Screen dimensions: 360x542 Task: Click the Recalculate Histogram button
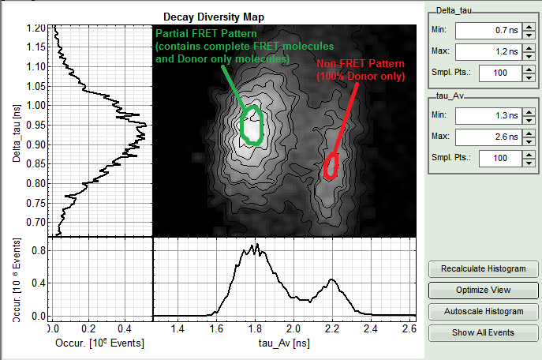pos(483,269)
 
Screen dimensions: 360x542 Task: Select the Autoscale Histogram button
pos(483,311)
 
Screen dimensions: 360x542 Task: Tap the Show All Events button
pos(483,332)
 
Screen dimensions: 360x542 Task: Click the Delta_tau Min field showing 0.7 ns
pos(488,31)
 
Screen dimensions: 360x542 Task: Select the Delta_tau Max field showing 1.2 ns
pos(488,52)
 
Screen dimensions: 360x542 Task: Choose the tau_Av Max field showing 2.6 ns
pos(488,137)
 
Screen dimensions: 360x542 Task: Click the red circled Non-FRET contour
pos(332,166)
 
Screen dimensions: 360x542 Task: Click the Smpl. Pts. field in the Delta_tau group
pos(488,73)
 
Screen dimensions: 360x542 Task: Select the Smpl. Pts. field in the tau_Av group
pos(488,158)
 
